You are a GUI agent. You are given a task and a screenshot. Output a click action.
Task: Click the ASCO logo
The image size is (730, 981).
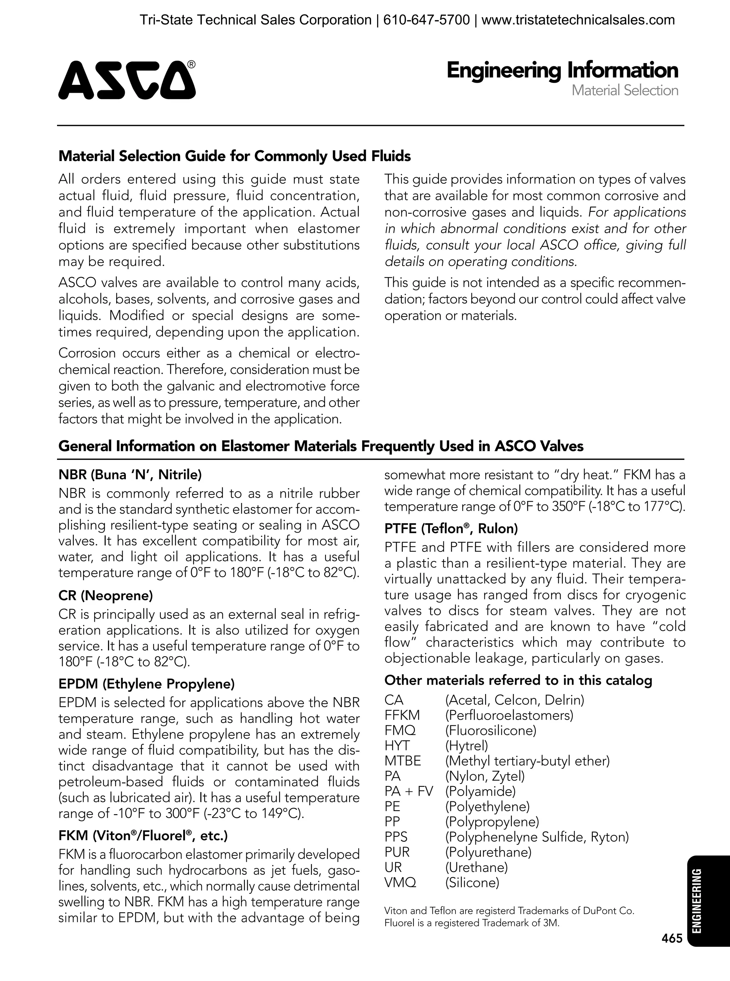pyautogui.click(x=127, y=80)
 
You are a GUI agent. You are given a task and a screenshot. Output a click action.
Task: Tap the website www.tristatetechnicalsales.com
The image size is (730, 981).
pyautogui.click(x=577, y=20)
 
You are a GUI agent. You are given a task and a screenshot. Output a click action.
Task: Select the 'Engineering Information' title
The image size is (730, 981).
pyautogui.click(x=562, y=71)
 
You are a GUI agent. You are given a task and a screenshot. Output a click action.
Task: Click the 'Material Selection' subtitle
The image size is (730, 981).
pyautogui.click(x=624, y=91)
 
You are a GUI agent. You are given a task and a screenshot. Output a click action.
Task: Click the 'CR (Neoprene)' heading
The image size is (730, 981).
pyautogui.click(x=106, y=596)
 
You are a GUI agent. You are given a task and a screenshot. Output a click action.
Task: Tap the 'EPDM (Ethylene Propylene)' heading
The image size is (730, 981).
pyautogui.click(x=146, y=684)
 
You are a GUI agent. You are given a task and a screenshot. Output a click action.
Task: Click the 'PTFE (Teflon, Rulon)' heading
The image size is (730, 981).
pyautogui.click(x=451, y=529)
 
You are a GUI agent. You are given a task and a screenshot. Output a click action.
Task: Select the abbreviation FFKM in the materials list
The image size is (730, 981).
pyautogui.click(x=402, y=715)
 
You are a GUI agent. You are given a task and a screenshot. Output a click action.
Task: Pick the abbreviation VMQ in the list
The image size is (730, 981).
pyautogui.click(x=400, y=883)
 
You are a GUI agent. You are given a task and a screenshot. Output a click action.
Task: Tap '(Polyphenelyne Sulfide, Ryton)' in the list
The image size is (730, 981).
pyautogui.click(x=536, y=837)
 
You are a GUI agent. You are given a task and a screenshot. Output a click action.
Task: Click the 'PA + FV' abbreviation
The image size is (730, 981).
pyautogui.click(x=409, y=791)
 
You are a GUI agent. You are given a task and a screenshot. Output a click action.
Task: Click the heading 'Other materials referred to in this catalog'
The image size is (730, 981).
pyautogui.click(x=518, y=680)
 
